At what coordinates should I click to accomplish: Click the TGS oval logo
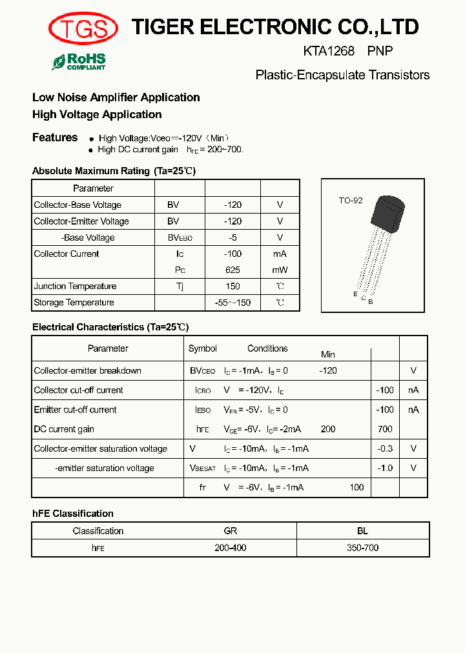point(83,28)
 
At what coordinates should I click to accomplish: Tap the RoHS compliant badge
point(79,62)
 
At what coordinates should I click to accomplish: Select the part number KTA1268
point(329,51)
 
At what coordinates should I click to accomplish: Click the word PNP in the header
point(380,51)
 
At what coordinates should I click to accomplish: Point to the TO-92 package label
point(351,201)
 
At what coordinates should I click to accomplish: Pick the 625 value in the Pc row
point(232,270)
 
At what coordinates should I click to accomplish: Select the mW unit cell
point(280,270)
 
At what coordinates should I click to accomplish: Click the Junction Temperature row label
point(75,286)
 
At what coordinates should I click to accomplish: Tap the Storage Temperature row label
point(74,302)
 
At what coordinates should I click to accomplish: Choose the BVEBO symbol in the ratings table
point(180,237)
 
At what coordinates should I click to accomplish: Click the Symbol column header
point(202,348)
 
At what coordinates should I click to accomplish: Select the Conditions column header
point(267,348)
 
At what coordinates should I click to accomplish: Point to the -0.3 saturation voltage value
point(385,448)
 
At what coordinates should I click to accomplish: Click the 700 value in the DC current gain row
point(385,429)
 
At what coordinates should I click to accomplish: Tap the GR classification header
point(230,531)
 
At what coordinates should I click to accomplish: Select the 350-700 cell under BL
point(362,547)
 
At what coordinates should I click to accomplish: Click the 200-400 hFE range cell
point(230,547)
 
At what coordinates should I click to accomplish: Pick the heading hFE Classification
point(73,514)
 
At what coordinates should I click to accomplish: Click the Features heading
point(55,137)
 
